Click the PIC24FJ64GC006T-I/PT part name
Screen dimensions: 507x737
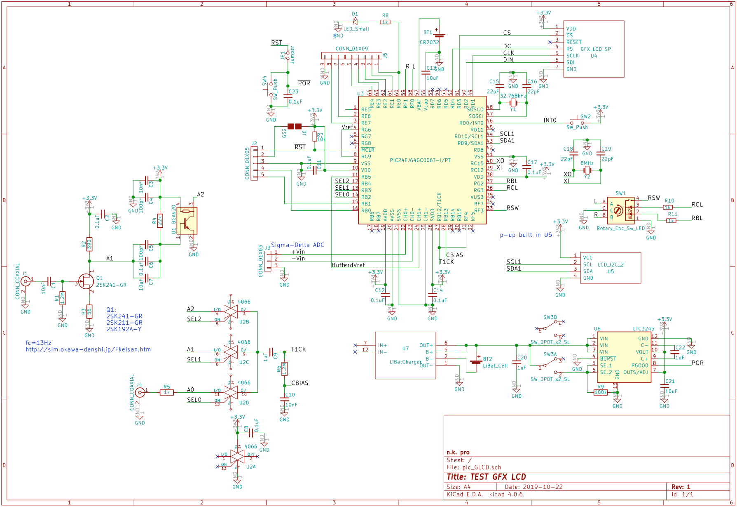[420, 160]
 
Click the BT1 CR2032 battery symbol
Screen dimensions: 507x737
[439, 35]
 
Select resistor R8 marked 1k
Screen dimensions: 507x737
[385, 22]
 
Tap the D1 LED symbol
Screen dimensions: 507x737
[355, 22]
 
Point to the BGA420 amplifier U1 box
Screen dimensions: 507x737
[187, 221]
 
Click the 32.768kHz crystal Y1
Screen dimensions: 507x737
[513, 103]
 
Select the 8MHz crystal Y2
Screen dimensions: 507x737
[587, 170]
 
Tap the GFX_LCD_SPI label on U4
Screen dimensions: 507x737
[596, 49]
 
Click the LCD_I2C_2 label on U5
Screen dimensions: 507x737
[610, 265]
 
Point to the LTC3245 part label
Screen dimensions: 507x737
[643, 329]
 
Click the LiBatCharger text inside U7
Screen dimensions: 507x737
[405, 362]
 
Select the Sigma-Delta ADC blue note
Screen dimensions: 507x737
[297, 245]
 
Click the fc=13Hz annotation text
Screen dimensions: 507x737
[38, 343]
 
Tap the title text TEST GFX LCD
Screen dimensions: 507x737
[486, 477]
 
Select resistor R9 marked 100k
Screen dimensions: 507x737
[601, 392]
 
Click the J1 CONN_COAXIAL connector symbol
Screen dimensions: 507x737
[26, 281]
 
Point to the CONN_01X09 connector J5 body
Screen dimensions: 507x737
[352, 56]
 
